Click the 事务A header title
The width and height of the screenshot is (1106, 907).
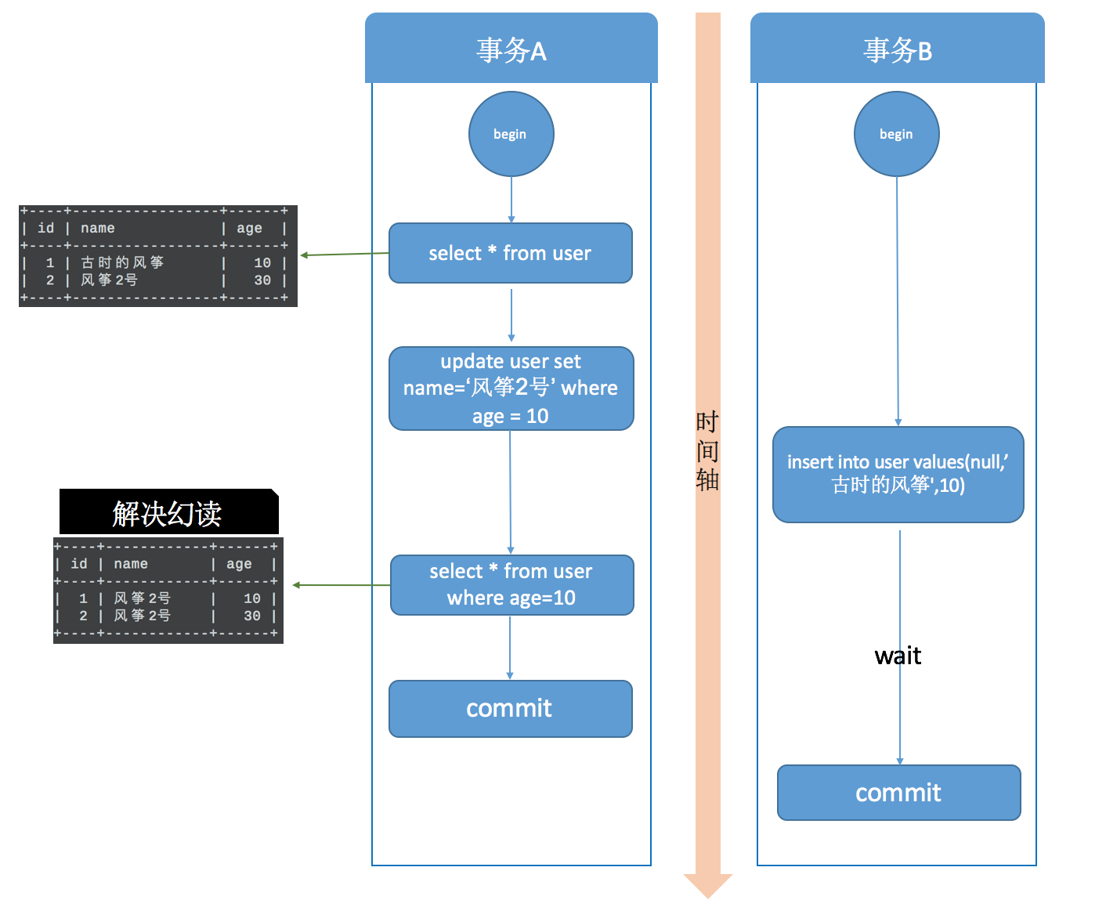(x=511, y=50)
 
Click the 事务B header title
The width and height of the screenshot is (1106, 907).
(x=897, y=50)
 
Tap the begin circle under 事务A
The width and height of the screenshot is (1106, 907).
(x=511, y=134)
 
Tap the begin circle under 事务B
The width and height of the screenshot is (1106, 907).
(x=896, y=134)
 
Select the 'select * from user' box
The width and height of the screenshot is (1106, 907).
(x=510, y=253)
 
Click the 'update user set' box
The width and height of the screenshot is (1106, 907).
(x=511, y=388)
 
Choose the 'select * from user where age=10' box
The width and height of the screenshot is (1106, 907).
(x=511, y=585)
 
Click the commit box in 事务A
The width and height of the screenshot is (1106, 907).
(x=510, y=708)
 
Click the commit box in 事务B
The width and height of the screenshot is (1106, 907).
(x=898, y=793)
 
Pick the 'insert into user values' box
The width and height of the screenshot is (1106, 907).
(x=898, y=474)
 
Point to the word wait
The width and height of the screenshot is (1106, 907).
(x=898, y=656)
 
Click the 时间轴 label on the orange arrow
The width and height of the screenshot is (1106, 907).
(x=707, y=451)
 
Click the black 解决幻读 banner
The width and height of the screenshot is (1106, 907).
(x=168, y=513)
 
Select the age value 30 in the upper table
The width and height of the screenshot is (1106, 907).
(x=262, y=280)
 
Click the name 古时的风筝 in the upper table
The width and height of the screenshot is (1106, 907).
(x=122, y=262)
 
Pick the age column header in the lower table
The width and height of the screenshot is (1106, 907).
(x=239, y=564)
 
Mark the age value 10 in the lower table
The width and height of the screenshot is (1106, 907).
(x=251, y=598)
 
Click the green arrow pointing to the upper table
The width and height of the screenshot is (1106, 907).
(x=345, y=255)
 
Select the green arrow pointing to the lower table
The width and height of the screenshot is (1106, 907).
(x=341, y=585)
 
